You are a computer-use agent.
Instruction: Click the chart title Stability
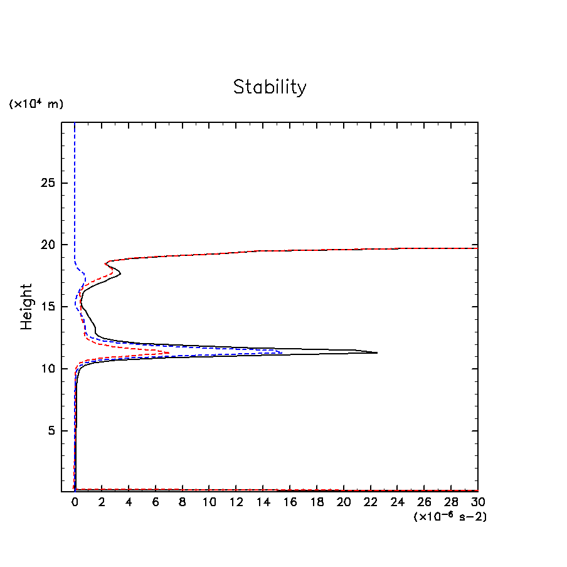[x=270, y=87]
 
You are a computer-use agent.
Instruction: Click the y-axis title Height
[x=26, y=307]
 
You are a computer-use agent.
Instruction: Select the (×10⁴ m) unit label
[x=36, y=104]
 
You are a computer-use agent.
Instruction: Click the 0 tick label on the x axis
[x=75, y=503]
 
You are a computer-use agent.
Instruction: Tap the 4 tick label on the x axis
[x=129, y=503]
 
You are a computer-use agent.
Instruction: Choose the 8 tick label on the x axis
[x=183, y=503]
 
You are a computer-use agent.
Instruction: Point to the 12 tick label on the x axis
[x=236, y=503]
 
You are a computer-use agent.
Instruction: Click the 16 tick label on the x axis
[x=290, y=503]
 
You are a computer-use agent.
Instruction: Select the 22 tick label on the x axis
[x=371, y=503]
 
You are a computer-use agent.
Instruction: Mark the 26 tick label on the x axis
[x=424, y=503]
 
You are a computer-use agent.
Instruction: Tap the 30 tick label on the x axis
[x=478, y=503]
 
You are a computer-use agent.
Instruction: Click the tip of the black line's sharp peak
[x=377, y=352]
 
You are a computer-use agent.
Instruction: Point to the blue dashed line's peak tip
[x=282, y=352]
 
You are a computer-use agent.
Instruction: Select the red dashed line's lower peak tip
[x=169, y=353]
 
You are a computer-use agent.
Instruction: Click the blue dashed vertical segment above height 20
[x=75, y=188]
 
